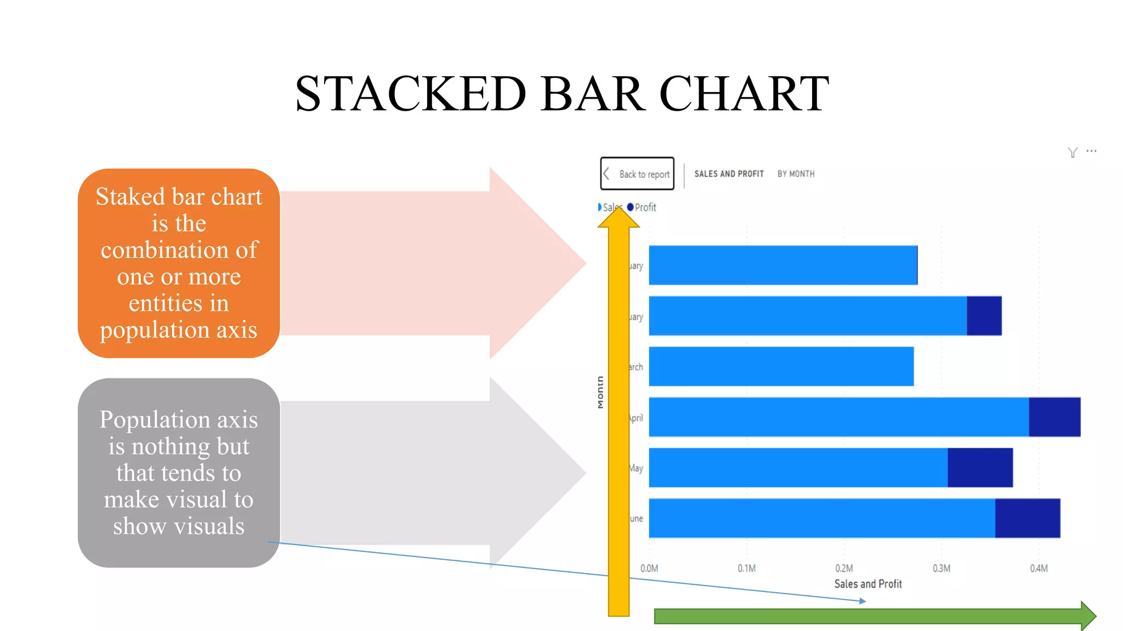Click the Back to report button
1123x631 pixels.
pyautogui.click(x=637, y=174)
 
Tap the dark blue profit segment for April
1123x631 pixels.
pyautogui.click(x=1054, y=417)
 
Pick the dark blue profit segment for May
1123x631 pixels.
pyautogui.click(x=980, y=467)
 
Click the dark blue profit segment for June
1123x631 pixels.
pyautogui.click(x=1027, y=518)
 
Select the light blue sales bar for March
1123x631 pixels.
pyautogui.click(x=781, y=366)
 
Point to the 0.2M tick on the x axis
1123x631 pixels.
pyautogui.click(x=844, y=569)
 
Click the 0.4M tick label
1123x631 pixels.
pyautogui.click(x=1039, y=569)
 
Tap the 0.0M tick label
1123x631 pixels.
pyautogui.click(x=649, y=569)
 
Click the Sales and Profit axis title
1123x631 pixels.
pyautogui.click(x=867, y=584)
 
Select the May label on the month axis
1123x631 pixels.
pyautogui.click(x=636, y=468)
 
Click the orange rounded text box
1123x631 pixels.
pyautogui.click(x=179, y=263)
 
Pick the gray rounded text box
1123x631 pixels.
pyautogui.click(x=179, y=472)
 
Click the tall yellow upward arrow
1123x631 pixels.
pyautogui.click(x=619, y=416)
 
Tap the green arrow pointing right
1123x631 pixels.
pyautogui.click(x=872, y=616)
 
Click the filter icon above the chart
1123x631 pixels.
pyautogui.click(x=1073, y=152)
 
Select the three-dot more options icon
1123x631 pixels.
pyautogui.click(x=1091, y=151)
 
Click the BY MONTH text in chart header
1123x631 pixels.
pyautogui.click(x=796, y=174)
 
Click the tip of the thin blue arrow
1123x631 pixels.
pyautogui.click(x=865, y=601)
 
